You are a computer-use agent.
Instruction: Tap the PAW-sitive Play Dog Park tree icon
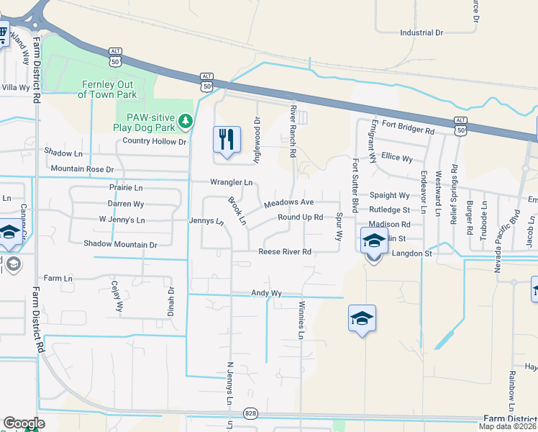point(186,120)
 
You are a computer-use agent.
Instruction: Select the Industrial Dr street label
point(421,32)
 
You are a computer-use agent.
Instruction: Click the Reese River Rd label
point(285,252)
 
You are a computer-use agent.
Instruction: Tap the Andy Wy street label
point(265,293)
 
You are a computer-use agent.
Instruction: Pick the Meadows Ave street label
point(288,203)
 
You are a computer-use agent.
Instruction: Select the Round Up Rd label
point(300,217)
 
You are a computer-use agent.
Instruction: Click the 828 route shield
point(250,413)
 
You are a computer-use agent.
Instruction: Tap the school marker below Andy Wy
point(362,319)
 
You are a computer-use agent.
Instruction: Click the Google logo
point(24,423)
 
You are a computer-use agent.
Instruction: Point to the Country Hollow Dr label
point(154,141)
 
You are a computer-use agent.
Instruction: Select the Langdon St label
point(411,253)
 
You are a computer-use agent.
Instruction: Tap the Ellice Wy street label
point(397,158)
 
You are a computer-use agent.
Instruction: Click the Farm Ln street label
point(59,278)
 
